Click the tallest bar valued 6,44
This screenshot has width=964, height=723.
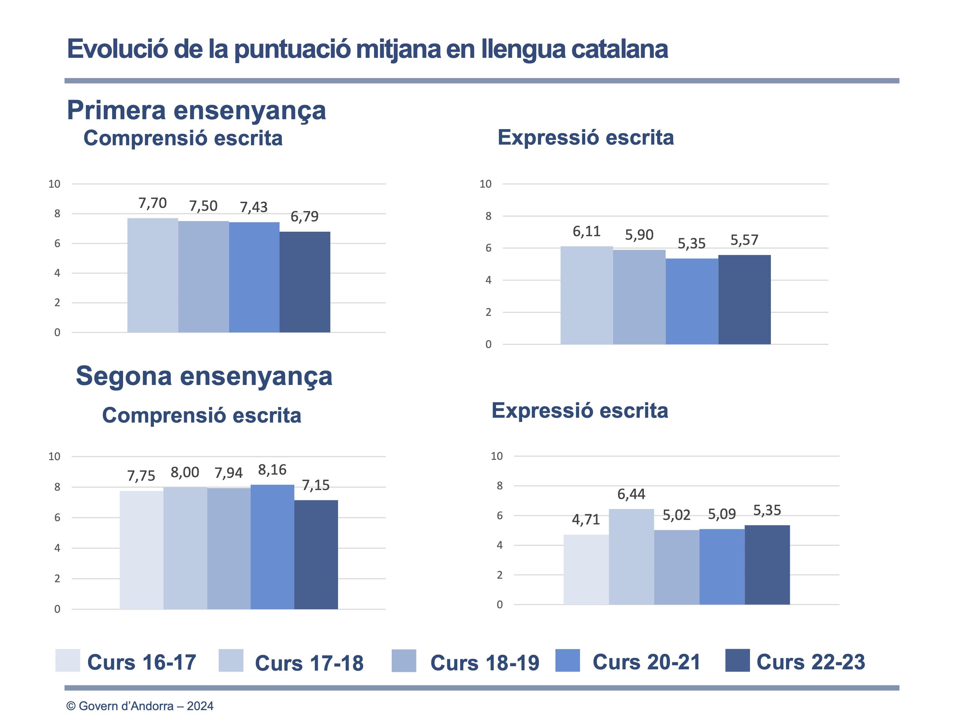pos(631,557)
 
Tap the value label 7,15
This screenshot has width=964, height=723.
pos(316,485)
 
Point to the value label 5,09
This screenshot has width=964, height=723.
pos(722,514)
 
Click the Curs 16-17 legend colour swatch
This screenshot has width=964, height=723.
pos(67,660)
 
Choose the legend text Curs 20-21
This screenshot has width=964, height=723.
pos(646,662)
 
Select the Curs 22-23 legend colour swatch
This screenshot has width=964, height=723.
pos(737,660)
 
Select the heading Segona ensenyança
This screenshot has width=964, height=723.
pos(204,376)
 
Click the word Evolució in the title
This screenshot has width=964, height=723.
pos(117,49)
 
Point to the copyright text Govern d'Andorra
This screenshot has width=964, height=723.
pos(139,706)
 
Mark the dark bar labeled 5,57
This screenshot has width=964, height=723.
pos(744,299)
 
